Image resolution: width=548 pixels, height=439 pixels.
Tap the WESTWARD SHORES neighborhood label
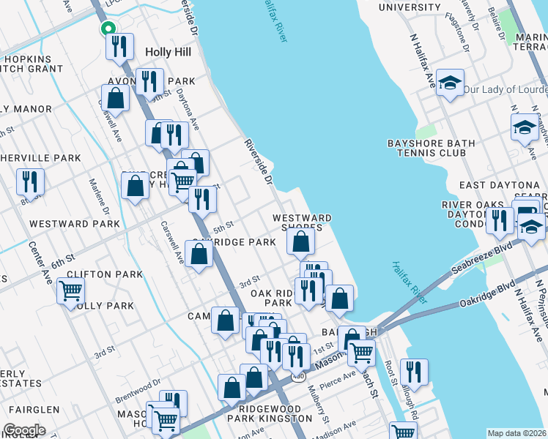302,222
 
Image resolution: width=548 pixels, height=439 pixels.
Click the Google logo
23,430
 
